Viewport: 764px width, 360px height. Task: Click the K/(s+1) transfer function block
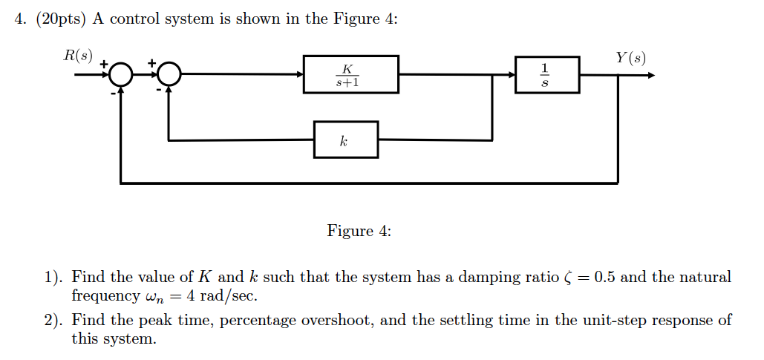(x=350, y=74)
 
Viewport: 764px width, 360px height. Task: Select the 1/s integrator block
(x=546, y=74)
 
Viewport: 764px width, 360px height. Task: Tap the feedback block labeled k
(x=345, y=140)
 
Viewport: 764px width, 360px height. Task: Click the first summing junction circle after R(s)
(x=122, y=75)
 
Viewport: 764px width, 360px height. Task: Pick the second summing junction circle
(x=169, y=75)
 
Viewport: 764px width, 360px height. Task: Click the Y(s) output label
(x=630, y=57)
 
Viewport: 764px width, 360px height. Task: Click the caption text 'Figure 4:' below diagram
(x=359, y=231)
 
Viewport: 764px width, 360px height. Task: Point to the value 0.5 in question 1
(x=604, y=278)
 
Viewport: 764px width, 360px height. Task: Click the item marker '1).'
(x=53, y=278)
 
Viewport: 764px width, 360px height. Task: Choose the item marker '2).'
(x=53, y=321)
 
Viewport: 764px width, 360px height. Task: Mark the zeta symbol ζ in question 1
(x=568, y=278)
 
